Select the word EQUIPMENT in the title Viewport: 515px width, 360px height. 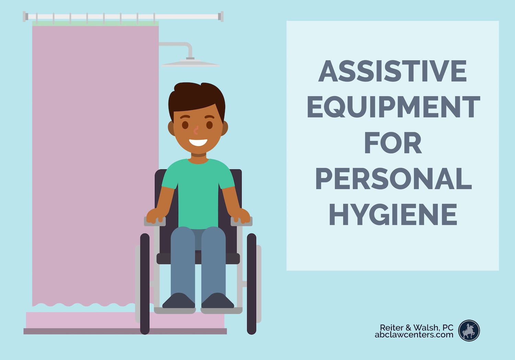(x=393, y=106)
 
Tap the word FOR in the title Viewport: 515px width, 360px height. (x=393, y=143)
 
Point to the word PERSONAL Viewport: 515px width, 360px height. (x=393, y=179)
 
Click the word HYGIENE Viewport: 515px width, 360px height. (x=393, y=214)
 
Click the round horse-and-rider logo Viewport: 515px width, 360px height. (x=469, y=330)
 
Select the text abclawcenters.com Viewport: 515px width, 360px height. (x=414, y=335)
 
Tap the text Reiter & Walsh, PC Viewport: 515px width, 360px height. (x=416, y=327)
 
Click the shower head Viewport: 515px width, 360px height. (x=190, y=63)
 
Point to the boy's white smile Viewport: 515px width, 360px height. (x=198, y=143)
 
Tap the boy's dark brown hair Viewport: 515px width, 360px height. (x=197, y=99)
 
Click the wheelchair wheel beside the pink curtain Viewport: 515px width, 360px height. (x=145, y=284)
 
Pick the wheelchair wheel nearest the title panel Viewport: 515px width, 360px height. (x=252, y=284)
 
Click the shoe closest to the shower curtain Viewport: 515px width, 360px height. (x=179, y=301)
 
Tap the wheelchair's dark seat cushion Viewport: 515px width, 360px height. (x=198, y=259)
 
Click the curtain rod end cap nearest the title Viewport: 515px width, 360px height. (x=222, y=16)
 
